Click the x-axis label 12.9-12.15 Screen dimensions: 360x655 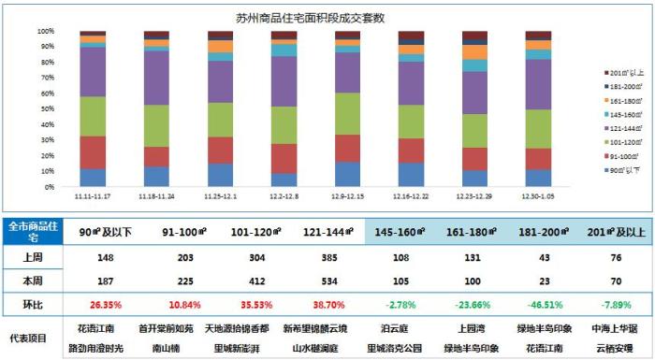tap(348, 196)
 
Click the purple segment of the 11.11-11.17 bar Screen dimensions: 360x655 tap(93, 72)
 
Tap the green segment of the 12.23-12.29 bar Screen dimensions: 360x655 tap(474, 131)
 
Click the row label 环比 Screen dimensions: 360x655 tap(32, 303)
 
